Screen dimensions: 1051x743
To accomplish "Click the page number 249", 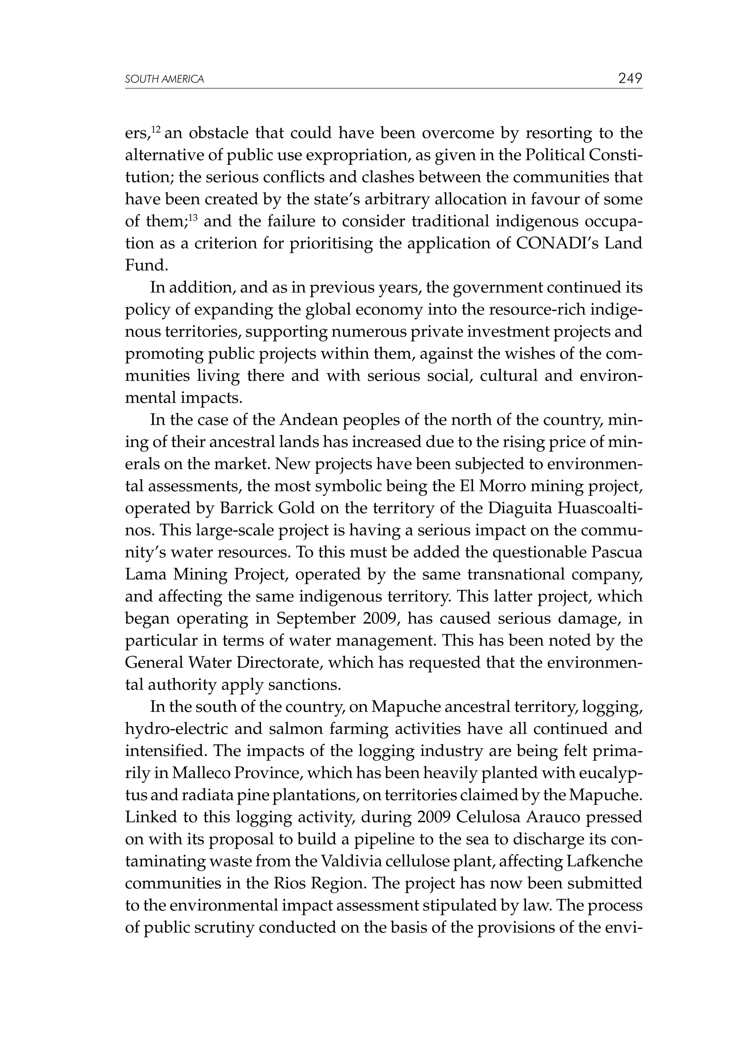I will pyautogui.click(x=630, y=78).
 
